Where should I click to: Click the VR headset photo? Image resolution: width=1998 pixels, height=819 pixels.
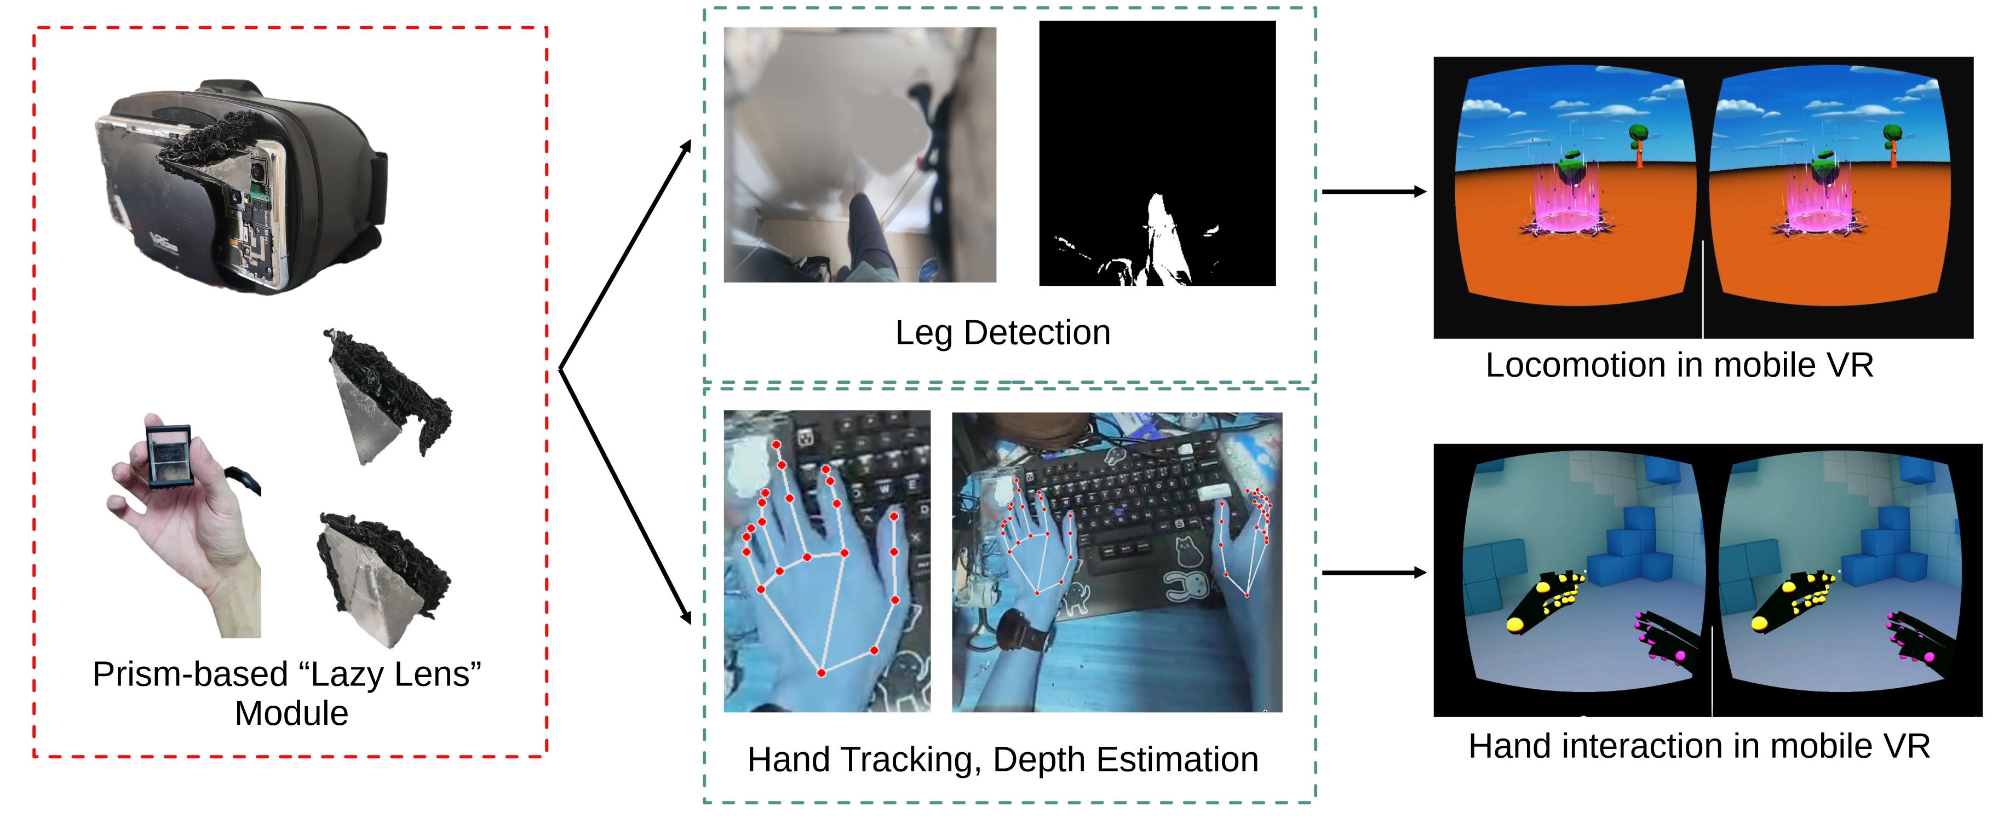point(240,186)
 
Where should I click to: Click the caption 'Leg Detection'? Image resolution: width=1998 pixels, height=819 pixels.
point(1002,333)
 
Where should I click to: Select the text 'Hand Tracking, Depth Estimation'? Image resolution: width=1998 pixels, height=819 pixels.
point(1002,759)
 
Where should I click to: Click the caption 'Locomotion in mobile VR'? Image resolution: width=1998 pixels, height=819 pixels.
point(1679,365)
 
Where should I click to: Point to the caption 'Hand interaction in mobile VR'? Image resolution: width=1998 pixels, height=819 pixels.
point(1698,746)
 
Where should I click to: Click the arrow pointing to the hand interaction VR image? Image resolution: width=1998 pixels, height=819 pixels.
point(1373,573)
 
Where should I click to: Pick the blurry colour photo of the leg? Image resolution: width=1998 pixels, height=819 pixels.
point(859,154)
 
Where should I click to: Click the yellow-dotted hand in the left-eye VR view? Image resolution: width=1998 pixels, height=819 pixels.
point(1543,601)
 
